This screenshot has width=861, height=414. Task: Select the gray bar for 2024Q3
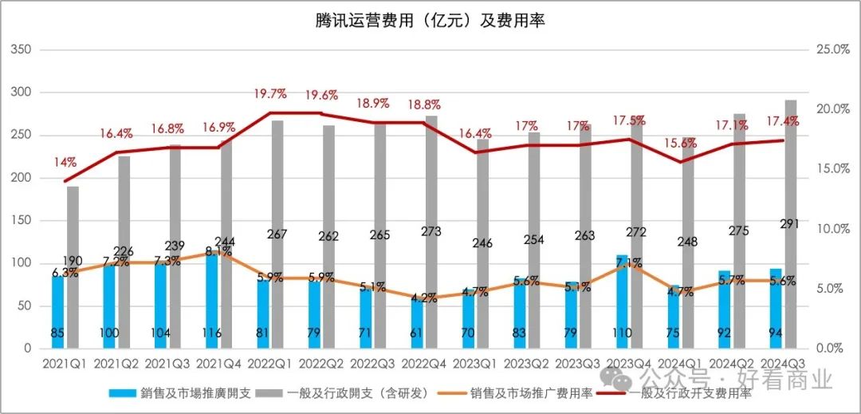click(790, 223)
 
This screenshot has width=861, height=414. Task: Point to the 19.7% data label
click(270, 94)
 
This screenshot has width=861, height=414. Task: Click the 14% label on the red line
click(65, 162)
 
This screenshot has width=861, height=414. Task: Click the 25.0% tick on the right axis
click(834, 49)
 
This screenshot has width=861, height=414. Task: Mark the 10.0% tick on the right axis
click(834, 229)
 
